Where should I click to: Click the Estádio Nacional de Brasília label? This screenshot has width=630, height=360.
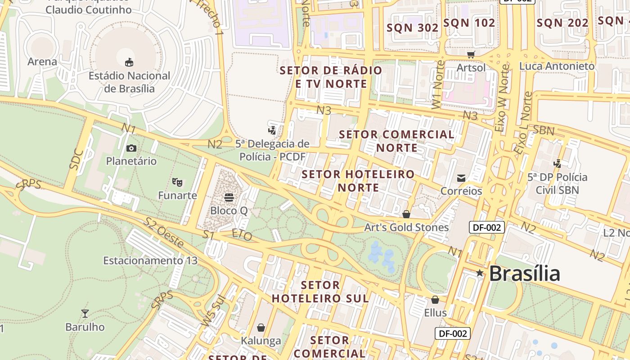point(129,82)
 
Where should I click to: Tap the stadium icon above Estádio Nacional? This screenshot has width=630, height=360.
point(129,62)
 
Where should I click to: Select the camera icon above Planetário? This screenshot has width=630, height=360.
point(131,148)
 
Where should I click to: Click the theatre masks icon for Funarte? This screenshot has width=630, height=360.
point(177,182)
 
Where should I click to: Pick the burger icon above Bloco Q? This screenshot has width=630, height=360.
point(229,197)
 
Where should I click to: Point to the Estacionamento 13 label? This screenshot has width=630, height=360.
point(150,261)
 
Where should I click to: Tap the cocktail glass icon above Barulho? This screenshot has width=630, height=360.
point(85,313)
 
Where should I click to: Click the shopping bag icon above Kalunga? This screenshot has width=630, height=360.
point(261,327)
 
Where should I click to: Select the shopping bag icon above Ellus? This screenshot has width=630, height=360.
point(435,299)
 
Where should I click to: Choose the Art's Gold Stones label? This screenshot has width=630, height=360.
point(406,227)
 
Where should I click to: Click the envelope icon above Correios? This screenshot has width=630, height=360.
point(461,178)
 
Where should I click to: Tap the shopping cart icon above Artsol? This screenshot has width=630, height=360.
point(471,54)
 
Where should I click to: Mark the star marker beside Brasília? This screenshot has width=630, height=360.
point(480,273)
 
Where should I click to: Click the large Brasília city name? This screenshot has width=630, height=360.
point(524,274)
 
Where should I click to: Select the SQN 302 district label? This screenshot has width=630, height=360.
point(413,27)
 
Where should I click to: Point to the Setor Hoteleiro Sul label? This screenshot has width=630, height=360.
point(320,292)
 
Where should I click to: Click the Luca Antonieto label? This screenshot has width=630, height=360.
point(557,66)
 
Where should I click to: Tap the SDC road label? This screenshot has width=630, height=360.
point(76,158)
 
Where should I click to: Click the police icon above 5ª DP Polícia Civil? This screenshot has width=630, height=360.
point(558,164)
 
